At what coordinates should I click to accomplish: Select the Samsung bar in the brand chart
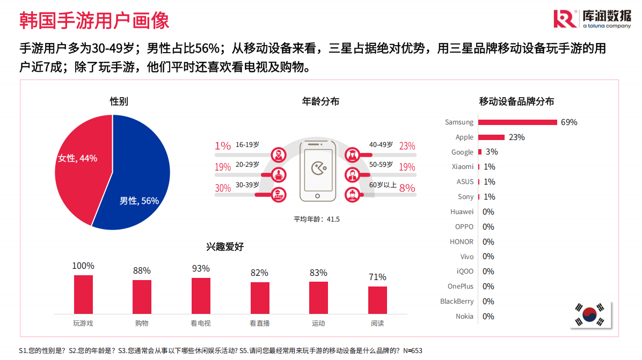pos(517,122)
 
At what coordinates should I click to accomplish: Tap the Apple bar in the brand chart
pos(491,137)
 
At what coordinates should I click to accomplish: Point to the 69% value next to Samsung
pos(569,122)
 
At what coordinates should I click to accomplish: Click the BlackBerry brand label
pos(457,302)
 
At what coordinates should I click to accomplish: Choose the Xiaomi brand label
pos(463,167)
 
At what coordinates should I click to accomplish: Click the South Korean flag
pos(589,315)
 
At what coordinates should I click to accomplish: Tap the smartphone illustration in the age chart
pos(317,171)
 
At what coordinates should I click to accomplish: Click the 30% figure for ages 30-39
pos(223,188)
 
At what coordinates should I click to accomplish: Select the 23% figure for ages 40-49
pos(407,146)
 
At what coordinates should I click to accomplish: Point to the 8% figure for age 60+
pos(407,188)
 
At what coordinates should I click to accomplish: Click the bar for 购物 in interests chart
pos(142,297)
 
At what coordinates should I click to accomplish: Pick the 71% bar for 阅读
pos(377,300)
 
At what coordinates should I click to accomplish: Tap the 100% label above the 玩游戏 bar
pos(83,266)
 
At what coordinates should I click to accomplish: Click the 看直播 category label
pos(260,324)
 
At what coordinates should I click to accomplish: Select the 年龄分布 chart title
pos(320,101)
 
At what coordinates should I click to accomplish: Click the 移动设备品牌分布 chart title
pos(516,101)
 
